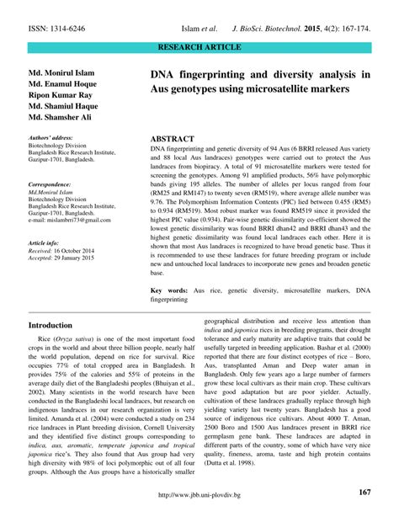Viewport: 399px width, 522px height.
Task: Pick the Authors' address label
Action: tap(51, 136)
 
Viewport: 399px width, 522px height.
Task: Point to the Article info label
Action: tap(46, 242)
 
